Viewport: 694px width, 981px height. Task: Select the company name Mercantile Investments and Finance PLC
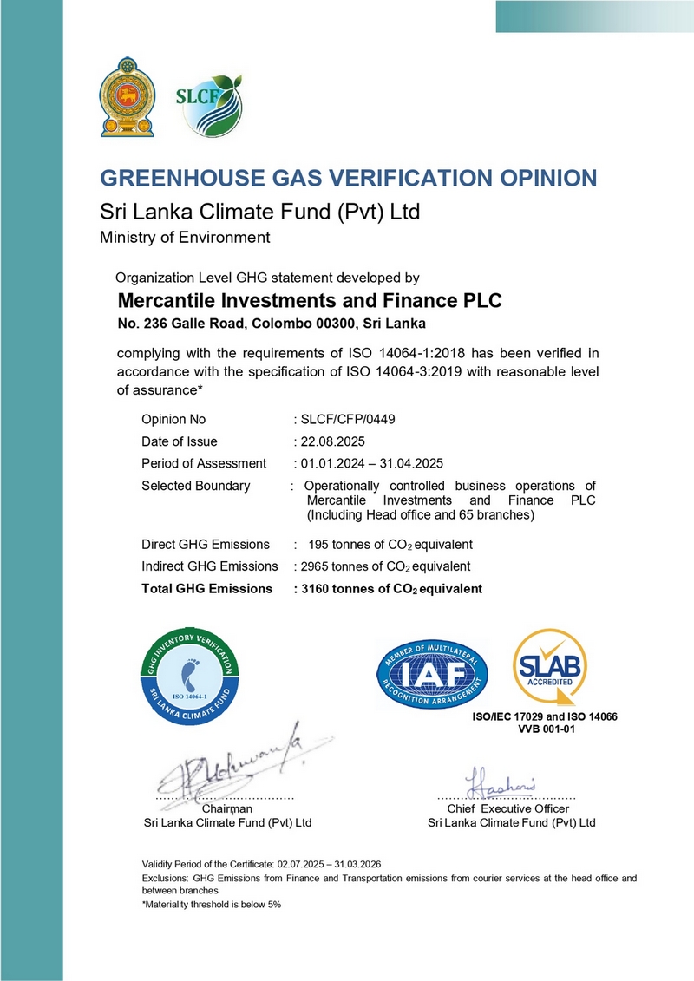309,302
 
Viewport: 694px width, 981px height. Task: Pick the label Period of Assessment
204,463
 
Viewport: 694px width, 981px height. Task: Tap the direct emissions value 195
320,545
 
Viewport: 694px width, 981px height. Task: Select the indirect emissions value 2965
315,566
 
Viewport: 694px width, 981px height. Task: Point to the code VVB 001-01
547,730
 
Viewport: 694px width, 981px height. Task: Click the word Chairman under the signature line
226,808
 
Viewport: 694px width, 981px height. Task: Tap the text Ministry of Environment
185,237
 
